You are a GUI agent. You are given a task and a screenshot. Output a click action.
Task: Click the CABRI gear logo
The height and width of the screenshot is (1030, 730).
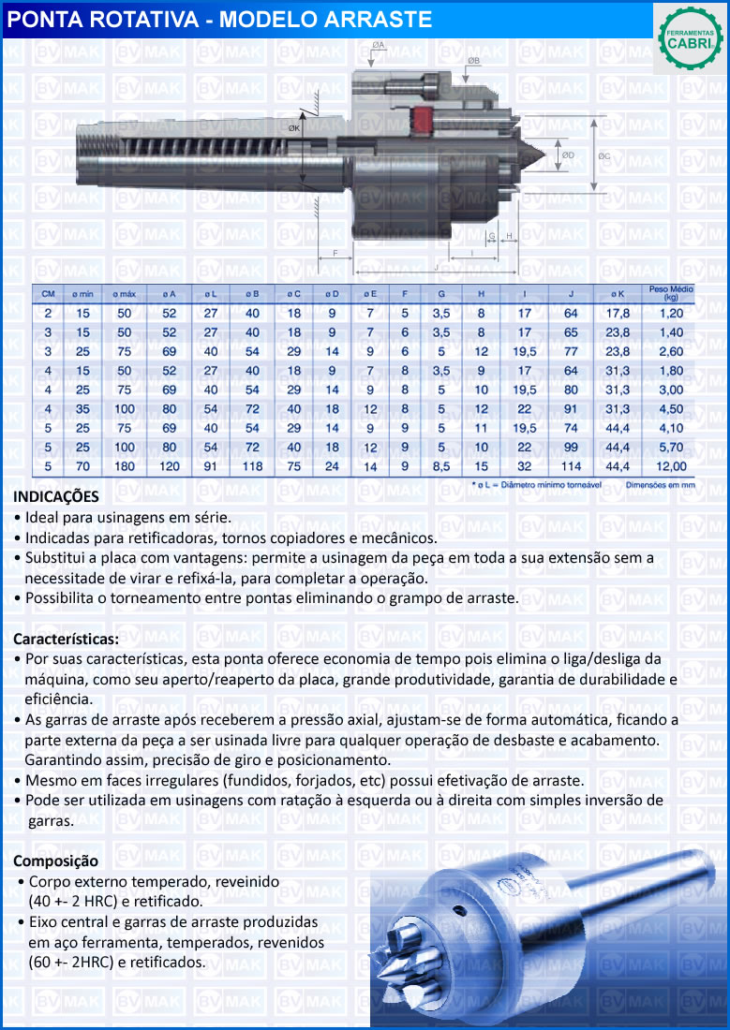pos(689,38)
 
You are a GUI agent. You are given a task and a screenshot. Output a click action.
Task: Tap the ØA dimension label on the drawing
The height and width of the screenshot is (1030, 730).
pos(379,45)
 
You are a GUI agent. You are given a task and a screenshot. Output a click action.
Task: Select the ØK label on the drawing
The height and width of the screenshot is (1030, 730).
pos(294,128)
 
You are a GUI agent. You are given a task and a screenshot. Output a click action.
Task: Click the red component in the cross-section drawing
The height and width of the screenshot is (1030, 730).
pos(422,120)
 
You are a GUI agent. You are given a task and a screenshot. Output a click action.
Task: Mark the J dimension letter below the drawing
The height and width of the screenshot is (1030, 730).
pos(435,267)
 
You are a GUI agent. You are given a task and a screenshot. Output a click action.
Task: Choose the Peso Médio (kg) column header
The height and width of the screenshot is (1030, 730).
pos(670,293)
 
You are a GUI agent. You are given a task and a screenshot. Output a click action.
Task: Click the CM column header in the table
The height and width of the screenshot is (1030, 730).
pos(48,294)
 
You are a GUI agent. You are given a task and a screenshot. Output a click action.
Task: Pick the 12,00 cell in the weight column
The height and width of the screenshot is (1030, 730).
pos(671,465)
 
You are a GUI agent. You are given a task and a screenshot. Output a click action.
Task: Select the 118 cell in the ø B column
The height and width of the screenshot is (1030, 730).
pos(252,465)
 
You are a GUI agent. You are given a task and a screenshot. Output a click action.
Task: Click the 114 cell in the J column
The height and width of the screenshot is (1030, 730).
pos(572,465)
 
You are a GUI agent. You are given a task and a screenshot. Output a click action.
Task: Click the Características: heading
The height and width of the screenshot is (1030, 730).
pos(66,640)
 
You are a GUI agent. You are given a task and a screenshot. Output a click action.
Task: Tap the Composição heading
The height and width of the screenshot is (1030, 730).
pos(55,861)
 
